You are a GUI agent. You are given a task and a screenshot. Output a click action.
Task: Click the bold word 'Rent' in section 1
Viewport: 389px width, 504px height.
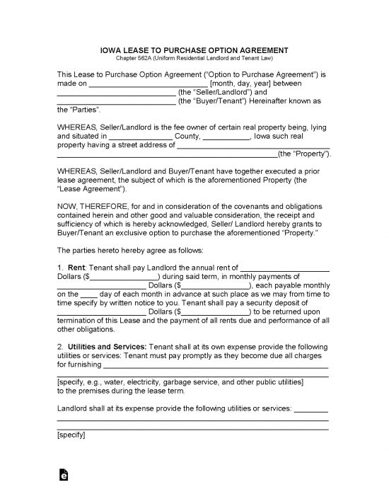(76, 267)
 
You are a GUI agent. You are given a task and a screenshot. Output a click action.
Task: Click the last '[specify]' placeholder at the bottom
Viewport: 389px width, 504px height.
(71, 435)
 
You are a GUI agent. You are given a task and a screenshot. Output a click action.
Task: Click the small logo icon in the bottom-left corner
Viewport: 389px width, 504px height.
(64, 478)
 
